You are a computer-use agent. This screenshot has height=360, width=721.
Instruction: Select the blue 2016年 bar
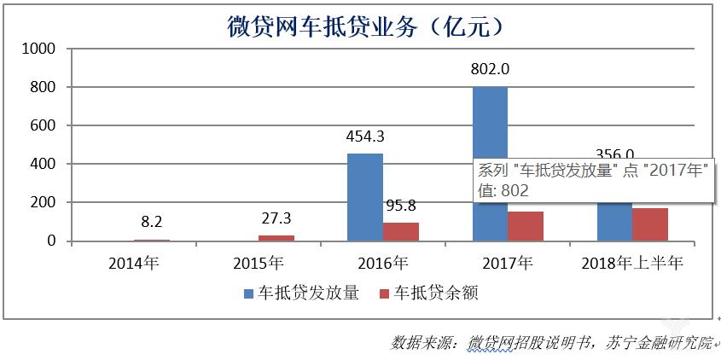(x=365, y=197)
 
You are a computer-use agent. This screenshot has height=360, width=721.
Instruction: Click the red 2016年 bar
(x=400, y=231)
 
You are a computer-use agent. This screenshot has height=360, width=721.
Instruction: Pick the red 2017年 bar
(x=526, y=226)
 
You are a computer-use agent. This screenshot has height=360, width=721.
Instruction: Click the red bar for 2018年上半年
(x=650, y=224)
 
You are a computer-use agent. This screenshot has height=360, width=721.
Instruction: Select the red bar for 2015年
(x=276, y=238)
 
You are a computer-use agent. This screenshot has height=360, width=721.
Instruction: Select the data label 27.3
(x=276, y=218)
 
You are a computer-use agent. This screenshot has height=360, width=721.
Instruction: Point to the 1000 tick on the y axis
(x=39, y=49)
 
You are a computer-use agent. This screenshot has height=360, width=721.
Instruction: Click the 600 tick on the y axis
(x=43, y=126)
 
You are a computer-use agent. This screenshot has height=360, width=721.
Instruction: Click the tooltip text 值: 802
(x=503, y=190)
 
